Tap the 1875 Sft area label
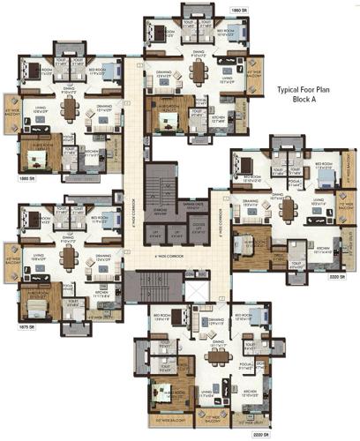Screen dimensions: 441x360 [x=24, y=327]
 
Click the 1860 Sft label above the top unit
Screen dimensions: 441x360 [x=237, y=9]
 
